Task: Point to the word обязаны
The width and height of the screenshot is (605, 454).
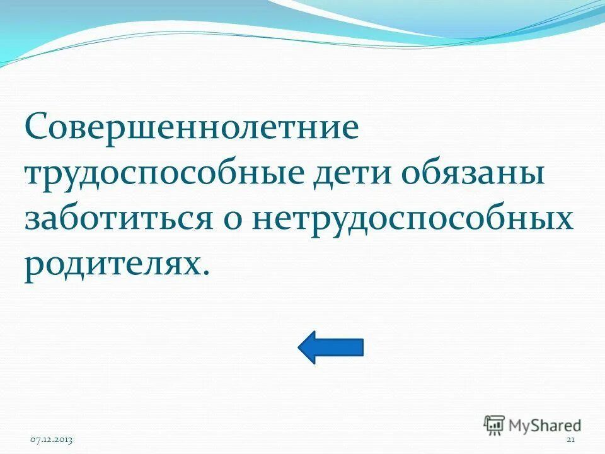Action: point(473,174)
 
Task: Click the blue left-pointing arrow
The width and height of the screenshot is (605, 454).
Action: point(330,347)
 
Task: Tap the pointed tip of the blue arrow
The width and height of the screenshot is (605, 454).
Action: point(300,347)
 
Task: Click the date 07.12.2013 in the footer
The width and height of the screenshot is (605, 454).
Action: point(52,439)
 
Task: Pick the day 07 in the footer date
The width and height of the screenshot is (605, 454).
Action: point(37,439)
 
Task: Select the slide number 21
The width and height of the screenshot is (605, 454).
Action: point(571,439)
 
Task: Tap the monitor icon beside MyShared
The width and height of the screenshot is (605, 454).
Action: point(494,424)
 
